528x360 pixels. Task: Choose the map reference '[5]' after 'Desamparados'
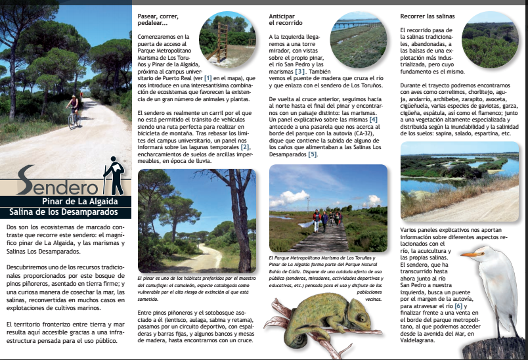pyautogui.click(x=313, y=155)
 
